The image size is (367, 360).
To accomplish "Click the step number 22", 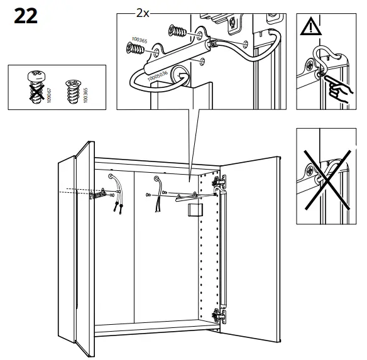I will click(x=25, y=15).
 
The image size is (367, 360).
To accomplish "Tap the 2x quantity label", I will click(x=142, y=12).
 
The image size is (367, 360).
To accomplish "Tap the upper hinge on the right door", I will click(x=219, y=182).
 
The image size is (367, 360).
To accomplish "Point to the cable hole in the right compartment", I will click(x=156, y=180).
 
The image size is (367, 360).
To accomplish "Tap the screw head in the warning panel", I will click(x=311, y=65).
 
